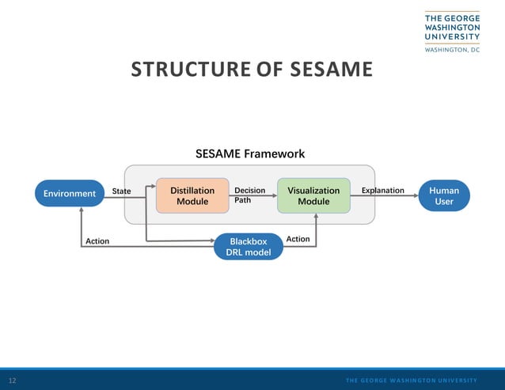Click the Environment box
tap(70, 193)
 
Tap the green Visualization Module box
tap(313, 195)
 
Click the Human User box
tap(444, 195)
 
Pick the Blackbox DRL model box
tap(249, 247)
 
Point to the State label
tap(121, 191)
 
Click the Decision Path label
tap(249, 195)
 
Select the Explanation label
tap(382, 191)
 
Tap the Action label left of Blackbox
tap(97, 241)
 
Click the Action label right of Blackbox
tap(298, 239)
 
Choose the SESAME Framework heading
tap(250, 153)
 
